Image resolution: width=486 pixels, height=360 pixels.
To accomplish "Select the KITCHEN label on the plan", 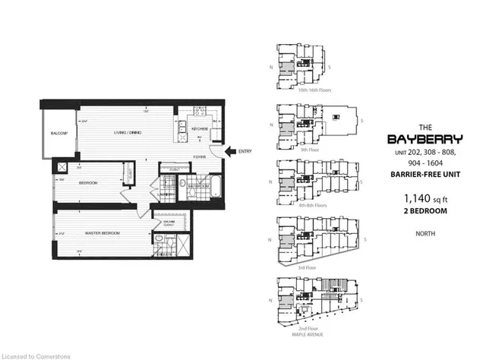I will [200, 129].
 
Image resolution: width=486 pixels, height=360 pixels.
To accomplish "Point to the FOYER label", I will [200, 158].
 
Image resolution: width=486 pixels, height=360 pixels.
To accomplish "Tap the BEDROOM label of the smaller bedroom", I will [88, 182].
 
